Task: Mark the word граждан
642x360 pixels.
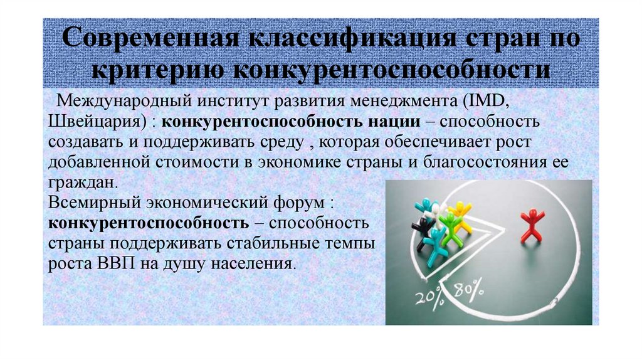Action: tap(82, 183)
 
